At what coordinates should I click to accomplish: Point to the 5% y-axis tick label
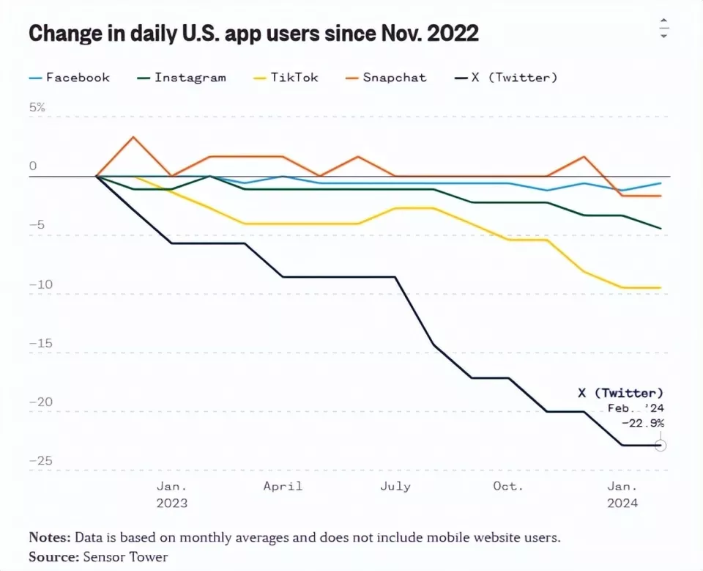[x=37, y=107]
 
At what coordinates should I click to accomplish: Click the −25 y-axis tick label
[x=41, y=460]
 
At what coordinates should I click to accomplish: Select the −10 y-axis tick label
[x=41, y=284]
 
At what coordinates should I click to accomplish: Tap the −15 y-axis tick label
[x=41, y=343]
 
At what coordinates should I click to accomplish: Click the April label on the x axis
[x=283, y=486]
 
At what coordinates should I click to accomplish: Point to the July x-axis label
[x=396, y=486]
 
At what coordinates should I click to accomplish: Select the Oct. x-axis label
[x=508, y=486]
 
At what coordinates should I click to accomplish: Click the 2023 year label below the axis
[x=171, y=503]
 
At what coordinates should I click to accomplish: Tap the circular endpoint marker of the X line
[x=661, y=445]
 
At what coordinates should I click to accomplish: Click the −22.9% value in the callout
[x=642, y=423]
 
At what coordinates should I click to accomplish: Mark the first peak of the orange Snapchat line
[x=133, y=137]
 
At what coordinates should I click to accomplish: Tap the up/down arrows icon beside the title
[x=663, y=29]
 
